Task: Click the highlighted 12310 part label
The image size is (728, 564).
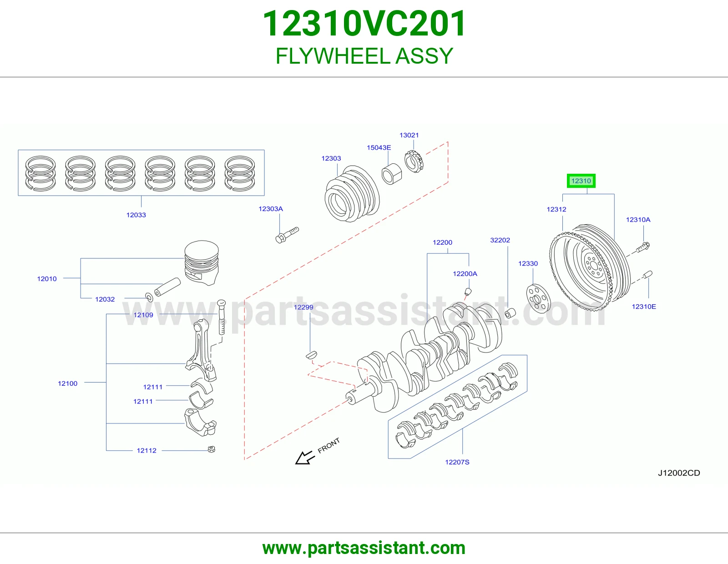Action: coord(581,181)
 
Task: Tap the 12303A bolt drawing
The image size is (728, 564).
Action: coord(287,235)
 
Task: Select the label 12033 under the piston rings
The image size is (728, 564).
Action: coord(136,215)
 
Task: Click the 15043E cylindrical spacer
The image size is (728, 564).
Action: coord(392,173)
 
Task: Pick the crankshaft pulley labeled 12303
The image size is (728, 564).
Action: coord(352,194)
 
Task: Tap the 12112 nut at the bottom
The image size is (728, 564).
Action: coord(212,449)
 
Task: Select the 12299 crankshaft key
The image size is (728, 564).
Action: coord(311,355)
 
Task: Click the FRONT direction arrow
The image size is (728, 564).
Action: coord(305,458)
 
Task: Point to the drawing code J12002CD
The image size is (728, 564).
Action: coord(679,473)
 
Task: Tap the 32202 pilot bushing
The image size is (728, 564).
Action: coord(510,313)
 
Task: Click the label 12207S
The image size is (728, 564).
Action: coord(457,462)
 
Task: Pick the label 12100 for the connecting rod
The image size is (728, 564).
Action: coord(68,383)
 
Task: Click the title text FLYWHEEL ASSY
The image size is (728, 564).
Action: coord(364,56)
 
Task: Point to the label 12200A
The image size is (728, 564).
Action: coord(465,274)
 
